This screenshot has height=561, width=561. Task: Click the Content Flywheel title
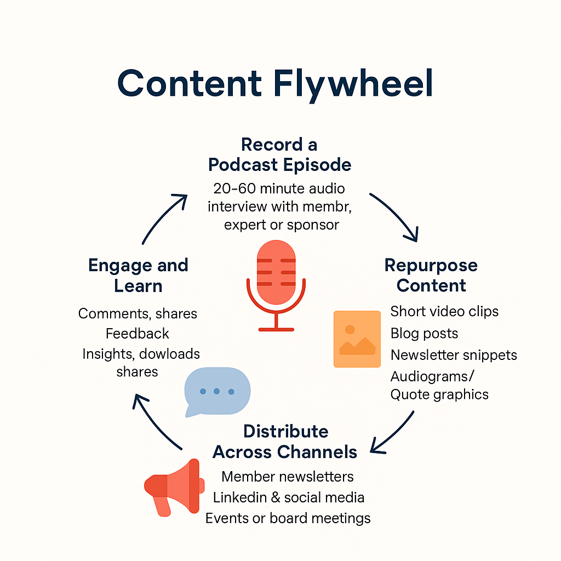275,84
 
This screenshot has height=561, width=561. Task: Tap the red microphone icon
276,285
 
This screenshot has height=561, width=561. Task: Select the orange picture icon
357,339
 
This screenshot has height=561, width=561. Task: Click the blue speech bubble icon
217,392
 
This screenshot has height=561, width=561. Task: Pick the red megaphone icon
174,487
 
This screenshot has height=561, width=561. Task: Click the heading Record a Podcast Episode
279,154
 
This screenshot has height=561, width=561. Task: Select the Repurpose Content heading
431,275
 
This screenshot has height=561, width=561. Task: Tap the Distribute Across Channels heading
285,442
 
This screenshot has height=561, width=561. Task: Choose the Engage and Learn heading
138,275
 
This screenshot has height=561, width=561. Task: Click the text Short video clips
444,311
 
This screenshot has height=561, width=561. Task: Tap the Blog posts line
425,333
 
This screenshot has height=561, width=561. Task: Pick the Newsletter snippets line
454,355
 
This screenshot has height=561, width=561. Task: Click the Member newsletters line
288,477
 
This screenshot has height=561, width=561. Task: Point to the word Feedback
138,334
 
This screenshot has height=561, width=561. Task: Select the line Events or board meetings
288,518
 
